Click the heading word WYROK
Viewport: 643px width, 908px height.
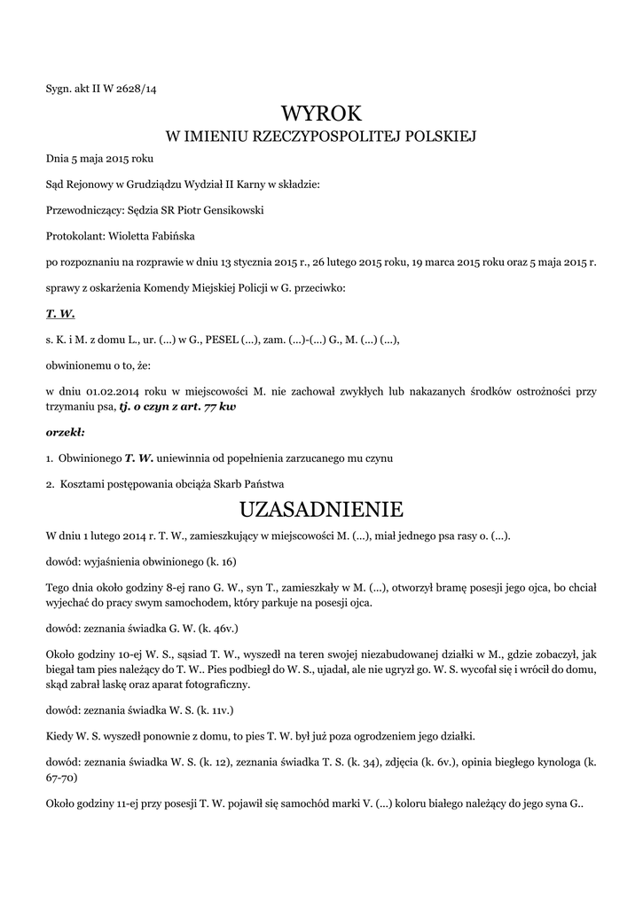coord(321,113)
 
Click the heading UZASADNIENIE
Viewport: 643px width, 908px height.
coord(321,510)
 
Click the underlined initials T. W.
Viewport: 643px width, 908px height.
coord(60,314)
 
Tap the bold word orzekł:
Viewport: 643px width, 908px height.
coord(65,433)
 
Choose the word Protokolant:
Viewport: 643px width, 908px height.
coord(75,237)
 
